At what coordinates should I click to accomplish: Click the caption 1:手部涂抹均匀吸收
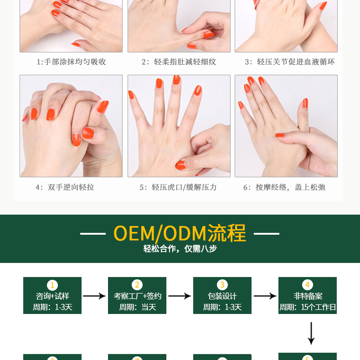(71, 62)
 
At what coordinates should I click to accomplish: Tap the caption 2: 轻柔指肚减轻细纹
(179, 62)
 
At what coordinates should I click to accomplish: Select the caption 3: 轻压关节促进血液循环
(289, 62)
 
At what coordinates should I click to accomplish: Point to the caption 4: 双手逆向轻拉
(65, 187)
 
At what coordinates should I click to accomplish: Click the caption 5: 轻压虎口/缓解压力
(178, 187)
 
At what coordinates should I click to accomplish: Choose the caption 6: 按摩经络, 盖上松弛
(284, 187)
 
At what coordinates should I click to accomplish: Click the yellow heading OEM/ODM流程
(180, 233)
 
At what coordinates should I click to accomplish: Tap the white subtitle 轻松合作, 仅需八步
(180, 249)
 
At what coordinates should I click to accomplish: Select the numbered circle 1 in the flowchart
(52, 285)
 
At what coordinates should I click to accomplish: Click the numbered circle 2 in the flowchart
(137, 285)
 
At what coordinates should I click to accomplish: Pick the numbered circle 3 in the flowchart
(222, 285)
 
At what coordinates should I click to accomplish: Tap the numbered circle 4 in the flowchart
(308, 285)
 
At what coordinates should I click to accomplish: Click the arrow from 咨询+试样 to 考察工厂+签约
(94, 296)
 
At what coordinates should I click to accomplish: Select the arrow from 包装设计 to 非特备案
(265, 296)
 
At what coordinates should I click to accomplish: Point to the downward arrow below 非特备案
(311, 333)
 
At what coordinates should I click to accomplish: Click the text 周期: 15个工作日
(308, 307)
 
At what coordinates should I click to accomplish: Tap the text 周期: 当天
(138, 307)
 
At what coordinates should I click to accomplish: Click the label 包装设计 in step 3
(222, 296)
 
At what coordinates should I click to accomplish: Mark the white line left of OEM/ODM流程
(93, 234)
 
